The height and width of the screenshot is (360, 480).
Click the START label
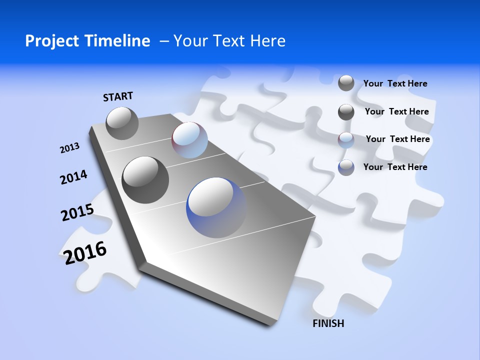tap(118, 96)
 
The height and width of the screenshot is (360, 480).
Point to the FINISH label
tap(328, 323)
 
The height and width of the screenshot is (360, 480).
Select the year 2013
tap(69, 148)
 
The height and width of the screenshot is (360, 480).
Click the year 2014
tap(73, 177)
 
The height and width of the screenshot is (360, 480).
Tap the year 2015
tap(77, 212)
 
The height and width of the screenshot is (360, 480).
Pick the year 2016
tap(85, 252)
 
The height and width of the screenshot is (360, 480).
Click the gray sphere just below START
tap(122, 123)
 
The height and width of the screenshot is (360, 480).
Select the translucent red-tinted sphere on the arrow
tap(189, 140)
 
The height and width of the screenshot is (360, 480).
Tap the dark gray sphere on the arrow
tap(145, 180)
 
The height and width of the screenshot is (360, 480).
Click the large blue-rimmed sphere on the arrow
tap(216, 207)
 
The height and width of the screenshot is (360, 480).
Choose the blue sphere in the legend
tap(346, 167)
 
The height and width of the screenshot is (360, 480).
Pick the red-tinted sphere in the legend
tap(346, 140)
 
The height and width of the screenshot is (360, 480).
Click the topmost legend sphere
tap(346, 83)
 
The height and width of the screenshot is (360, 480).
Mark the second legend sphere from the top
tap(346, 112)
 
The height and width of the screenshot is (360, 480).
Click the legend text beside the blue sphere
tap(395, 167)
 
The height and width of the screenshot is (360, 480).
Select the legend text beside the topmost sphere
tap(395, 83)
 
